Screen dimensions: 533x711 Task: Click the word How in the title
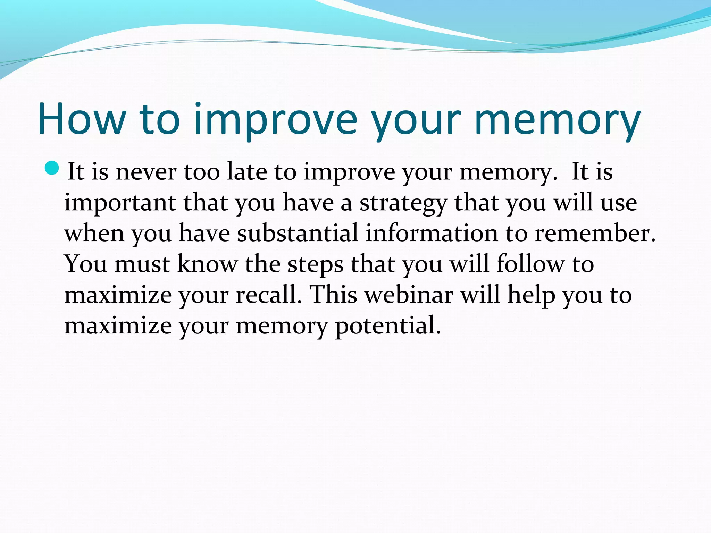pos(81,119)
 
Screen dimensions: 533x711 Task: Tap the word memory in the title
pos(557,119)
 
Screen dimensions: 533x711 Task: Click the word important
pos(120,203)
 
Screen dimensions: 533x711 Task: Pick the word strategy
pos(403,203)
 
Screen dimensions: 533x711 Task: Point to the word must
pos(142,264)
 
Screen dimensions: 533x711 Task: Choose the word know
pos(207,264)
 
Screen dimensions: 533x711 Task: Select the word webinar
pos(409,295)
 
